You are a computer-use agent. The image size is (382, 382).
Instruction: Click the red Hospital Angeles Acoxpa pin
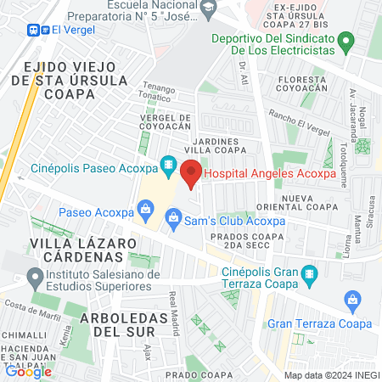point(191,173)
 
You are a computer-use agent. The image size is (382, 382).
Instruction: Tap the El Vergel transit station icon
point(38,29)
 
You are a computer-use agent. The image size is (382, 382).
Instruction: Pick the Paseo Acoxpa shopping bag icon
point(146,208)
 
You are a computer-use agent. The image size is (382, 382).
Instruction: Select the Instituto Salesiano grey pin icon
point(35,277)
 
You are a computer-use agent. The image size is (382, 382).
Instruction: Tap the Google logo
point(28,370)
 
